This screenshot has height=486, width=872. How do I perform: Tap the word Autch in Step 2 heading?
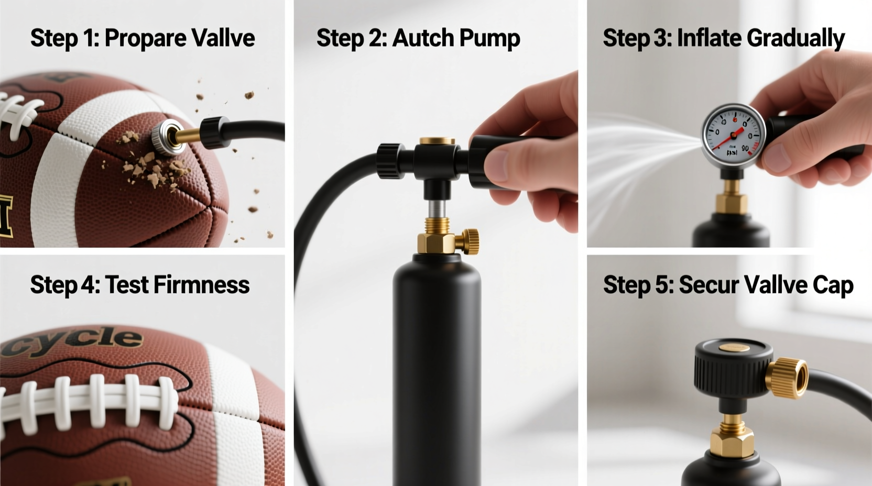422,38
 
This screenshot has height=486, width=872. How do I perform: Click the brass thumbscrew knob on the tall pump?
470,240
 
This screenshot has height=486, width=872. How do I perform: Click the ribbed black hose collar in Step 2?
389,160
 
